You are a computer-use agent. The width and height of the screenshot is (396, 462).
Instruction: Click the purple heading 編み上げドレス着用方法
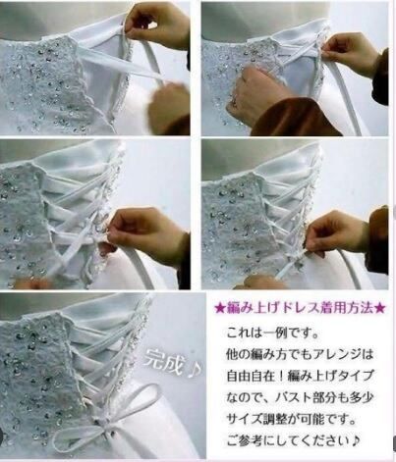(297, 307)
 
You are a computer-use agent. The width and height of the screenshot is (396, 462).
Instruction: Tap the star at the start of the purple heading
(220, 307)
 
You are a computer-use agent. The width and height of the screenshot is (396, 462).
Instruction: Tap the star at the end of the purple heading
(379, 307)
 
